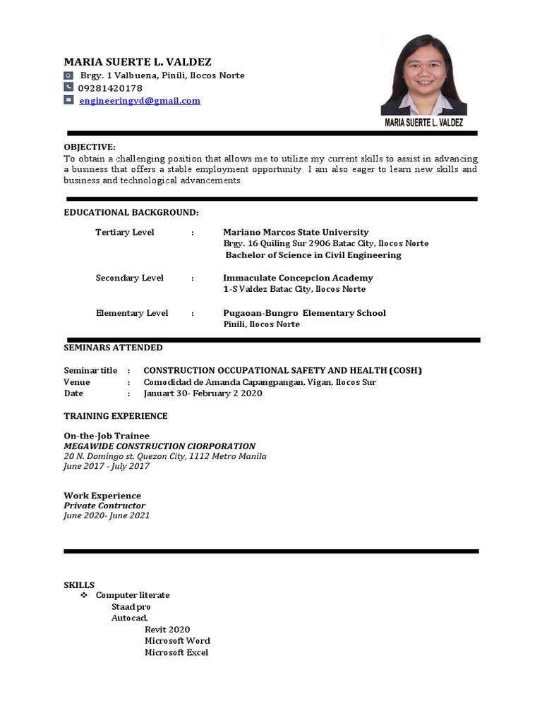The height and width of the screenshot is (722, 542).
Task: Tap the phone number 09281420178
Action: tap(110, 88)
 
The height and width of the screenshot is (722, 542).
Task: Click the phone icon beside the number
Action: tap(68, 87)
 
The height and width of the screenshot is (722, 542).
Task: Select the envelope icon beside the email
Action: tap(68, 100)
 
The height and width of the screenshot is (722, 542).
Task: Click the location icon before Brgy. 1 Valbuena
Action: tap(68, 75)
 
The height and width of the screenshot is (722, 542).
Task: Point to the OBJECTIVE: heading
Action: tap(90, 147)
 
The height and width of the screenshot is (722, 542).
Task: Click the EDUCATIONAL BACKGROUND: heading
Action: tap(131, 212)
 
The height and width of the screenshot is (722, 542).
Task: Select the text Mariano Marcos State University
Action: tap(296, 232)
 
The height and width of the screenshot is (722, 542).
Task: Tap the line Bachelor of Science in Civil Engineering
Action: tap(313, 255)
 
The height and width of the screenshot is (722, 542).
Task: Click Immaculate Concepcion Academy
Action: tap(298, 278)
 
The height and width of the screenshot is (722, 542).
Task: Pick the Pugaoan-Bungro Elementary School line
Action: tap(304, 313)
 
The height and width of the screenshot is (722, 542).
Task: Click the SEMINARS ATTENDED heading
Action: tap(113, 348)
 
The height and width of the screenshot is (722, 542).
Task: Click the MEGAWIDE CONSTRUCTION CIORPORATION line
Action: tap(159, 446)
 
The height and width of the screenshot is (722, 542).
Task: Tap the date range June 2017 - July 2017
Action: tap(107, 466)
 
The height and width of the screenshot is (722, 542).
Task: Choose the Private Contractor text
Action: tap(104, 506)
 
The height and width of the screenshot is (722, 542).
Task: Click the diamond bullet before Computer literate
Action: tap(83, 595)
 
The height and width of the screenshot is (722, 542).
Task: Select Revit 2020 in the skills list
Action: tap(167, 630)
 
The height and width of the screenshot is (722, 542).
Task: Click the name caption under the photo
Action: tap(424, 123)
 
